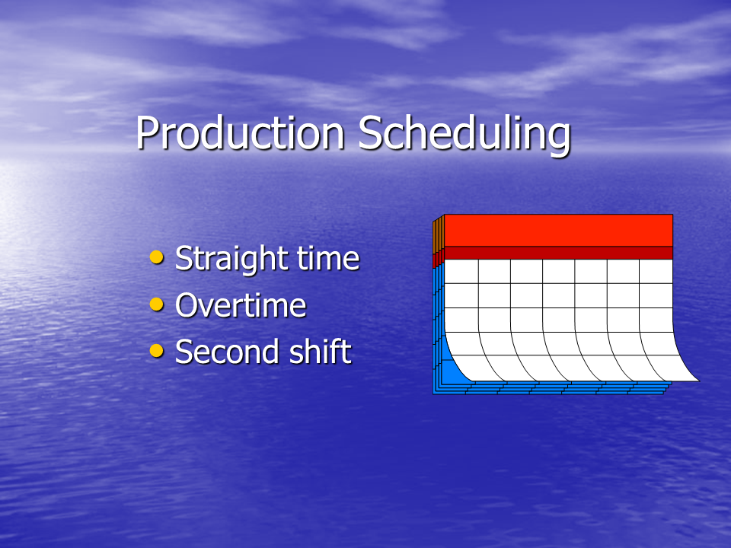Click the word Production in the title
tap(240, 132)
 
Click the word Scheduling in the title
tap(464, 135)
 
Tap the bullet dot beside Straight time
tap(157, 256)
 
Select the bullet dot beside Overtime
tap(157, 304)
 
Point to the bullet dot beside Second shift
tap(157, 350)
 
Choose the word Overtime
tap(241, 305)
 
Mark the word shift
tap(321, 351)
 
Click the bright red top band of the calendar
tap(558, 230)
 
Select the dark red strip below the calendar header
tap(558, 253)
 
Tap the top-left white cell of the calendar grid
tap(461, 271)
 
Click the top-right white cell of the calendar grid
tap(656, 271)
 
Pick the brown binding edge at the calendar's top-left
tap(439, 235)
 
